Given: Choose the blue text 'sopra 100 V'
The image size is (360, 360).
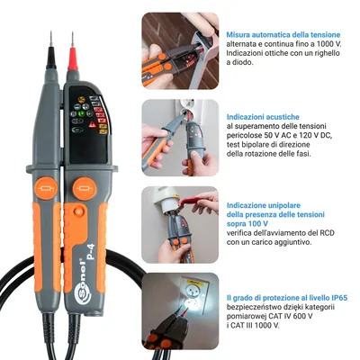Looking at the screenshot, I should pyautogui.click(x=249, y=224).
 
